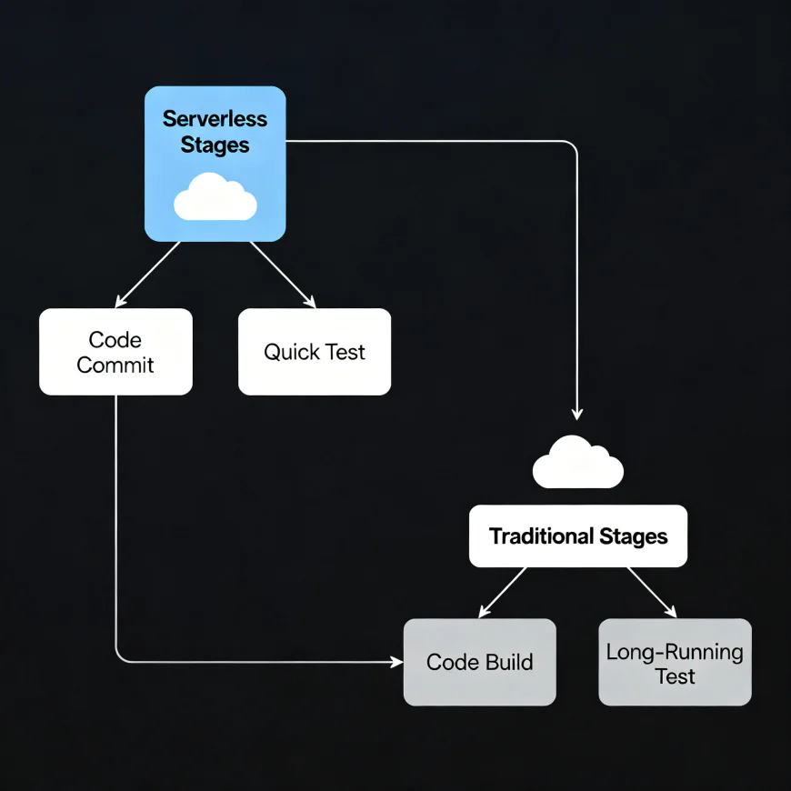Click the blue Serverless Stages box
pyautogui.click(x=215, y=164)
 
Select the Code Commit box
pyautogui.click(x=115, y=352)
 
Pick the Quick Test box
pyautogui.click(x=315, y=352)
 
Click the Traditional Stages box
pyautogui.click(x=578, y=536)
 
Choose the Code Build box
pyautogui.click(x=479, y=662)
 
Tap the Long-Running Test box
pyautogui.click(x=675, y=662)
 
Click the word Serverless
pyautogui.click(x=215, y=119)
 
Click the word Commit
pyautogui.click(x=115, y=365)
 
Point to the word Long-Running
pyautogui.click(x=675, y=652)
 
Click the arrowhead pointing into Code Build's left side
pyautogui.click(x=396, y=662)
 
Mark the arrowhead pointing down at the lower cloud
pyautogui.click(x=577, y=413)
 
